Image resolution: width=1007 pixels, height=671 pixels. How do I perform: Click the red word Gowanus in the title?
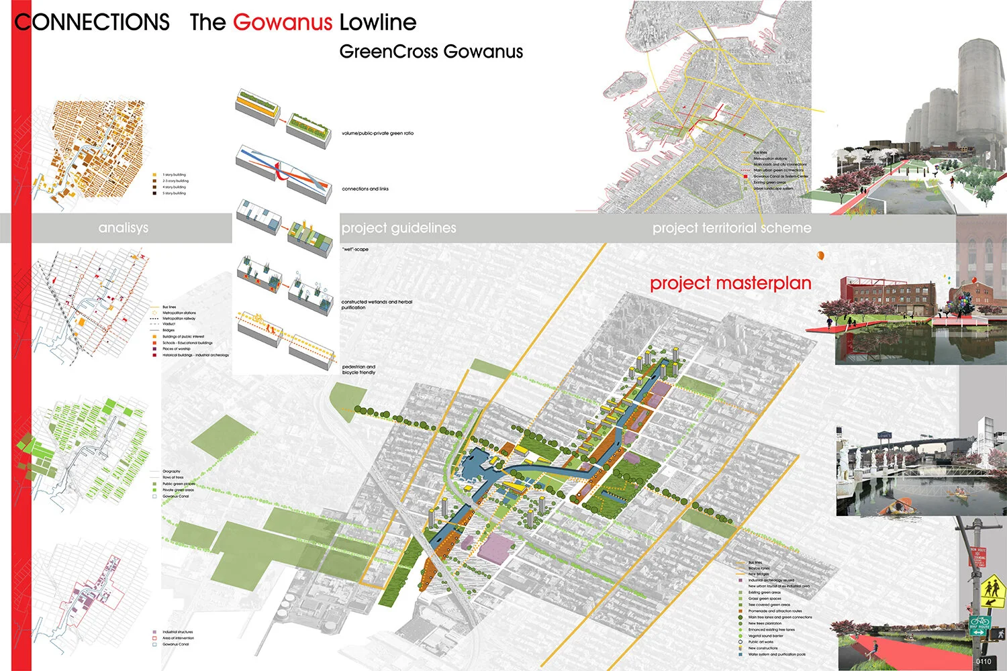(x=282, y=22)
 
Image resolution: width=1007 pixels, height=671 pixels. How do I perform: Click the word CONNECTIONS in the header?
(x=92, y=22)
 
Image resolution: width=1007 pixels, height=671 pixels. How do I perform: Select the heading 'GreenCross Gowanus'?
(x=430, y=52)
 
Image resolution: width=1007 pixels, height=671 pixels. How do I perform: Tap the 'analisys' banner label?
(x=123, y=228)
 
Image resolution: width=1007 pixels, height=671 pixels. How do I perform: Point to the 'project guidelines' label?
(x=399, y=228)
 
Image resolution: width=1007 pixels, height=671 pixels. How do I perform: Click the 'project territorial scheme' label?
(x=732, y=228)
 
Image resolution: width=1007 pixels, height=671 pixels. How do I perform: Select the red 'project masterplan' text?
(x=730, y=283)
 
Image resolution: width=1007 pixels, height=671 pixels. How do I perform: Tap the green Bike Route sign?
(x=979, y=625)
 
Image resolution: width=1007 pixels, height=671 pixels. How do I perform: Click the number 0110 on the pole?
(x=984, y=662)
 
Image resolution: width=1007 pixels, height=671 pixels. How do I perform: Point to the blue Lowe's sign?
(x=885, y=435)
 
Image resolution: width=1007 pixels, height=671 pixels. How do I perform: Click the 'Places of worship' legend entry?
(x=176, y=349)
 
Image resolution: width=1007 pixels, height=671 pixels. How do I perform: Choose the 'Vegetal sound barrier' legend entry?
(x=765, y=636)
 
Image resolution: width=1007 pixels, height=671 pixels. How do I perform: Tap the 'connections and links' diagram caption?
(x=365, y=189)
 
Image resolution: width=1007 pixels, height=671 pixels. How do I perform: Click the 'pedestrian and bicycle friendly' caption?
(x=358, y=370)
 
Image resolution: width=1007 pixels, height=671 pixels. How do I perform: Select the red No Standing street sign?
(x=978, y=556)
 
